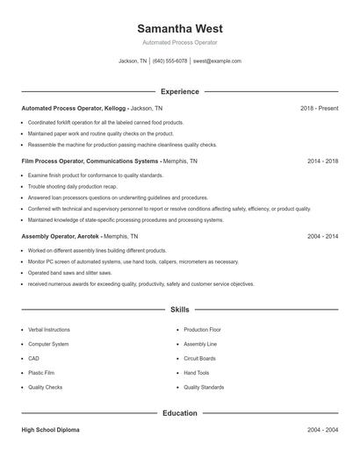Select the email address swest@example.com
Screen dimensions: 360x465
point(217,61)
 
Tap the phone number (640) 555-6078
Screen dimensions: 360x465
point(169,61)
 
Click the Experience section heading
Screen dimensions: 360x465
point(179,91)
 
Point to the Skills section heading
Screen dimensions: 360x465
point(179,310)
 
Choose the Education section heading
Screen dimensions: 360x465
point(179,412)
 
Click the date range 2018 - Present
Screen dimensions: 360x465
point(319,108)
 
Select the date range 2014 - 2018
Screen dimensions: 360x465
point(322,161)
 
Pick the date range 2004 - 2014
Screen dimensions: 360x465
point(322,237)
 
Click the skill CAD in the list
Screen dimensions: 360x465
point(33,358)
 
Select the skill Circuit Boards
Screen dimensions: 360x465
point(199,358)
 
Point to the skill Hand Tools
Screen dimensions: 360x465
point(197,373)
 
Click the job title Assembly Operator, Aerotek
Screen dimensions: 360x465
point(60,237)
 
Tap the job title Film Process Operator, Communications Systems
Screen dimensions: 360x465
point(89,161)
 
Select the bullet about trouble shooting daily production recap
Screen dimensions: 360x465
point(73,187)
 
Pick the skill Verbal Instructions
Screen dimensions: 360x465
point(48,330)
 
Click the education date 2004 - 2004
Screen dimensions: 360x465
point(322,431)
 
